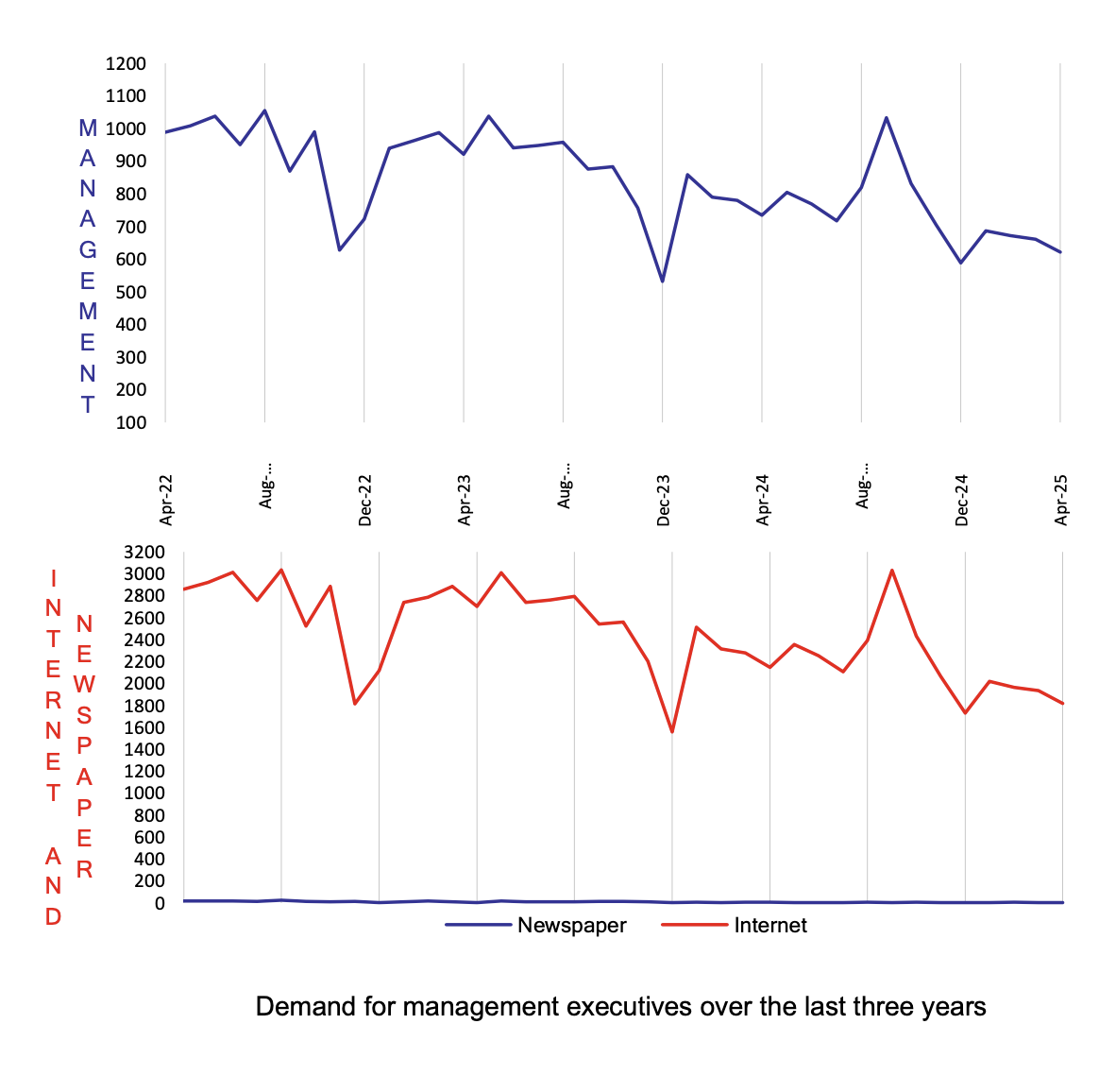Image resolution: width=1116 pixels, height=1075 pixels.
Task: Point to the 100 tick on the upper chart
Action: (131, 422)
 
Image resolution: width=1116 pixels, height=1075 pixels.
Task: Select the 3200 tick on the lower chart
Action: (144, 552)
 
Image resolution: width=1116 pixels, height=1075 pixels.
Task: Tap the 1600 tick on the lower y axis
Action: (144, 727)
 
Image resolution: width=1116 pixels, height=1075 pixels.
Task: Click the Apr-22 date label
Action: (167, 501)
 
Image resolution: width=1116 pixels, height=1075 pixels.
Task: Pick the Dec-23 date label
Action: (664, 501)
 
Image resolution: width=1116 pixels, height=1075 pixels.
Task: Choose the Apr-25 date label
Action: (1061, 501)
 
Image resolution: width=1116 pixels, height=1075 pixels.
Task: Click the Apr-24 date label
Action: (763, 501)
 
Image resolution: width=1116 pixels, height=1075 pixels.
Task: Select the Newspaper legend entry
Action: (571, 926)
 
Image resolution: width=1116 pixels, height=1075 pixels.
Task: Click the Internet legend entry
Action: (769, 926)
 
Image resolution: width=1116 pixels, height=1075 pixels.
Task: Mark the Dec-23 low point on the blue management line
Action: (663, 282)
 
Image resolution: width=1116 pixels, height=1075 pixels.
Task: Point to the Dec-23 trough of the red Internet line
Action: (672, 732)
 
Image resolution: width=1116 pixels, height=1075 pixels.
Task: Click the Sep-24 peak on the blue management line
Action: (887, 118)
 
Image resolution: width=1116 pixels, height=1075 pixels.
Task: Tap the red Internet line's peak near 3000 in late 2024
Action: (892, 571)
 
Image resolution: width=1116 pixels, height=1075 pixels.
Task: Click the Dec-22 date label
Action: (365, 501)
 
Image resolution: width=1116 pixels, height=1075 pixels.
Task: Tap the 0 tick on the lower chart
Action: (160, 903)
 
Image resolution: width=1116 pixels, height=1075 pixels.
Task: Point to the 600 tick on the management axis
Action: (131, 259)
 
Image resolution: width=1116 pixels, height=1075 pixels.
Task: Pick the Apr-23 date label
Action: (465, 501)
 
